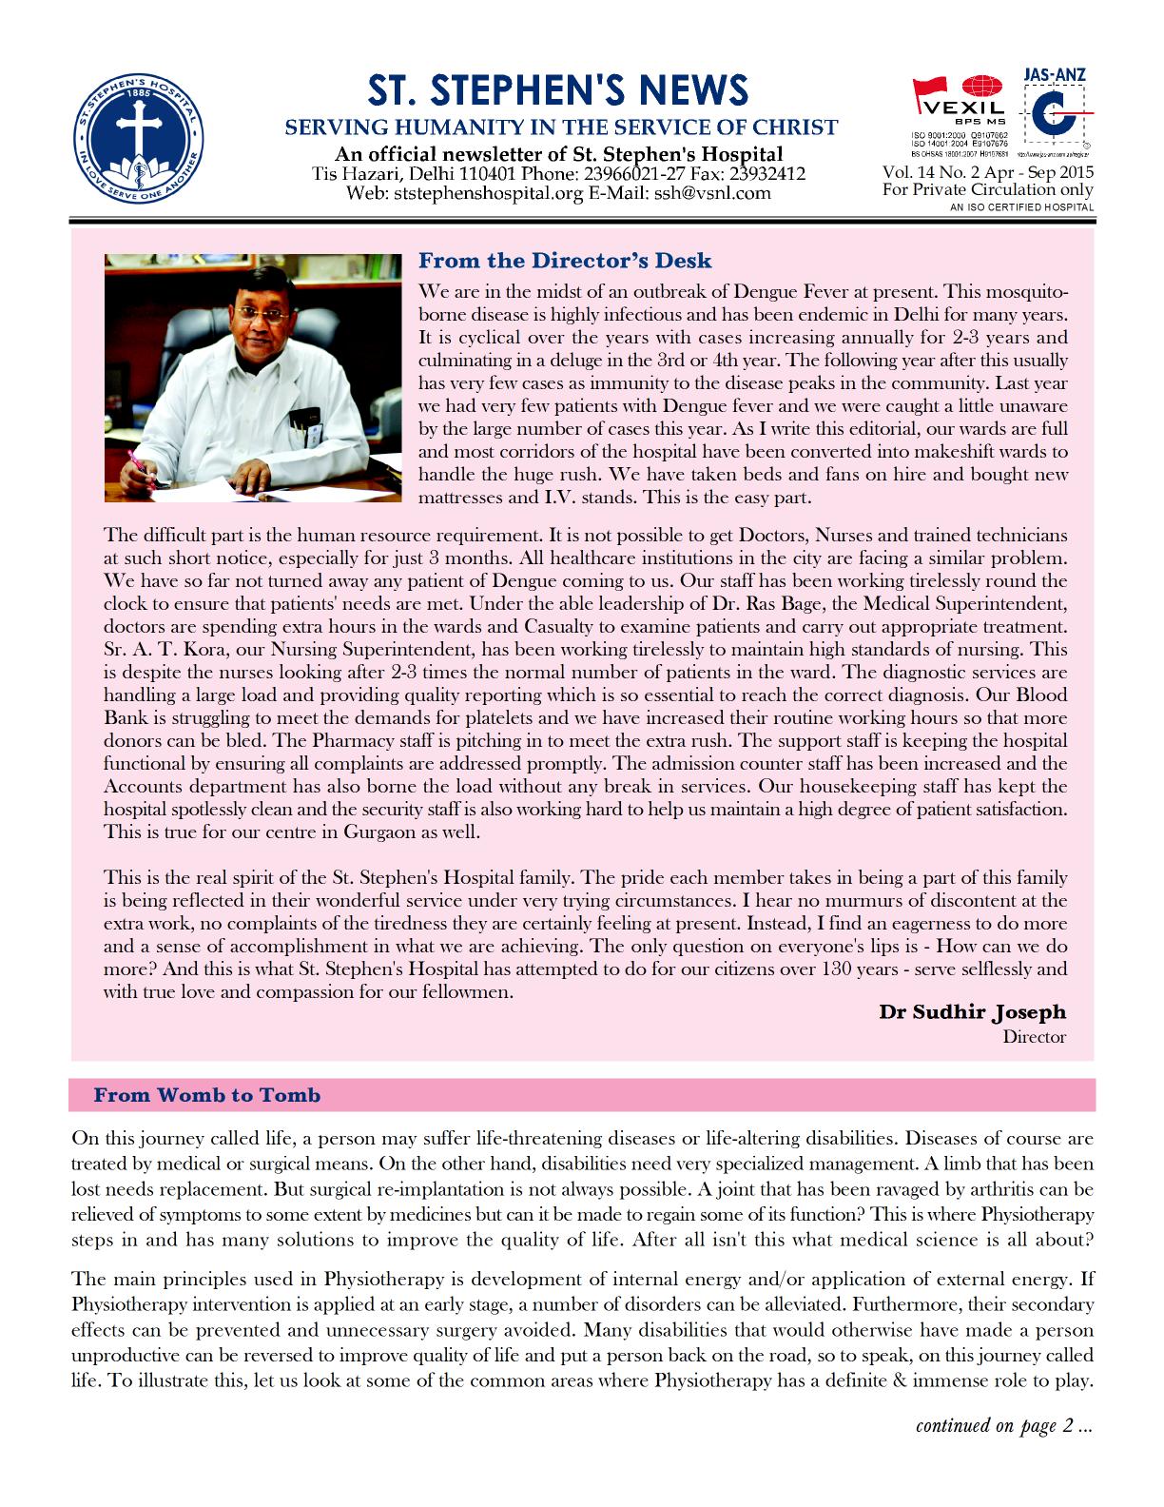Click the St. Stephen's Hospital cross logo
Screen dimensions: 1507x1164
[139, 133]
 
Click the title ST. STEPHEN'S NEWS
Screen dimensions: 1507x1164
[559, 90]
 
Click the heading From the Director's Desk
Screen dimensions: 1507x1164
[565, 261]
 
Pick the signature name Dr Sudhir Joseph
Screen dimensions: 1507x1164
[972, 1011]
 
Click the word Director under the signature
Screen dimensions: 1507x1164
[1034, 1036]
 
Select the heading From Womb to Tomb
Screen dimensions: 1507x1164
[206, 1095]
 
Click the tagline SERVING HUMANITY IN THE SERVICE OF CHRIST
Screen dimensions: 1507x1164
[562, 127]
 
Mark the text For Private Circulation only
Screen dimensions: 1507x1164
[987, 189]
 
